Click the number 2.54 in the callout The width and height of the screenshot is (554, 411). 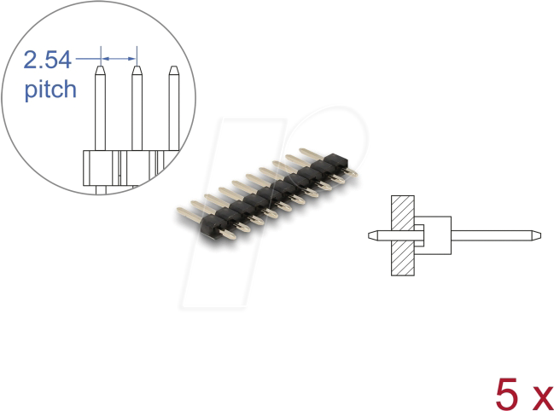[x=48, y=60]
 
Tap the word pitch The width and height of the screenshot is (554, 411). [x=50, y=90]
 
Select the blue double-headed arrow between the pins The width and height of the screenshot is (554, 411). [x=119, y=59]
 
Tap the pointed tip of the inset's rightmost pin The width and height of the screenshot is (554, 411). [x=173, y=70]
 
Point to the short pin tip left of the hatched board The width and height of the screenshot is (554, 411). [x=372, y=234]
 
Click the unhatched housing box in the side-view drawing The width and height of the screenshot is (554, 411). [x=435, y=234]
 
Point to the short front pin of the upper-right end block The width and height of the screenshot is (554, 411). [x=349, y=171]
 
